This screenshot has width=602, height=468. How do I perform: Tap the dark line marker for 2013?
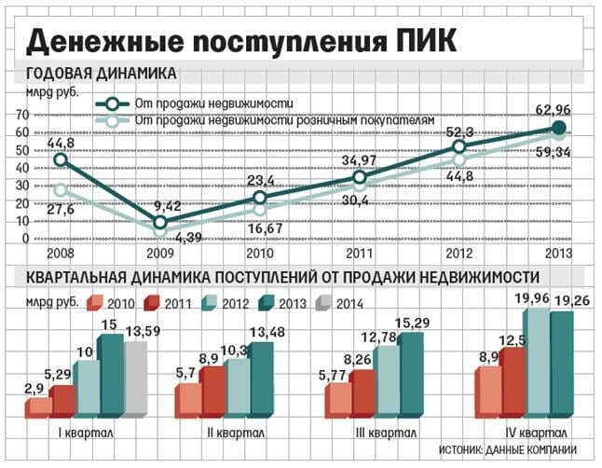pyautogui.click(x=559, y=128)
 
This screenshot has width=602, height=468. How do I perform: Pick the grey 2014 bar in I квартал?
pyautogui.click(x=135, y=378)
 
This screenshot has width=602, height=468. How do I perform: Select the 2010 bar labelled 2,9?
pyautogui.click(x=38, y=406)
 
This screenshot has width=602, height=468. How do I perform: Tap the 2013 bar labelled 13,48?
pyautogui.click(x=262, y=378)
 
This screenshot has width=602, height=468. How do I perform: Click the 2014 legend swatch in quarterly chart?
pyautogui.click(x=322, y=302)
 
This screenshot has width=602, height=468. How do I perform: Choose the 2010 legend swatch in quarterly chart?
pyautogui.click(x=94, y=302)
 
